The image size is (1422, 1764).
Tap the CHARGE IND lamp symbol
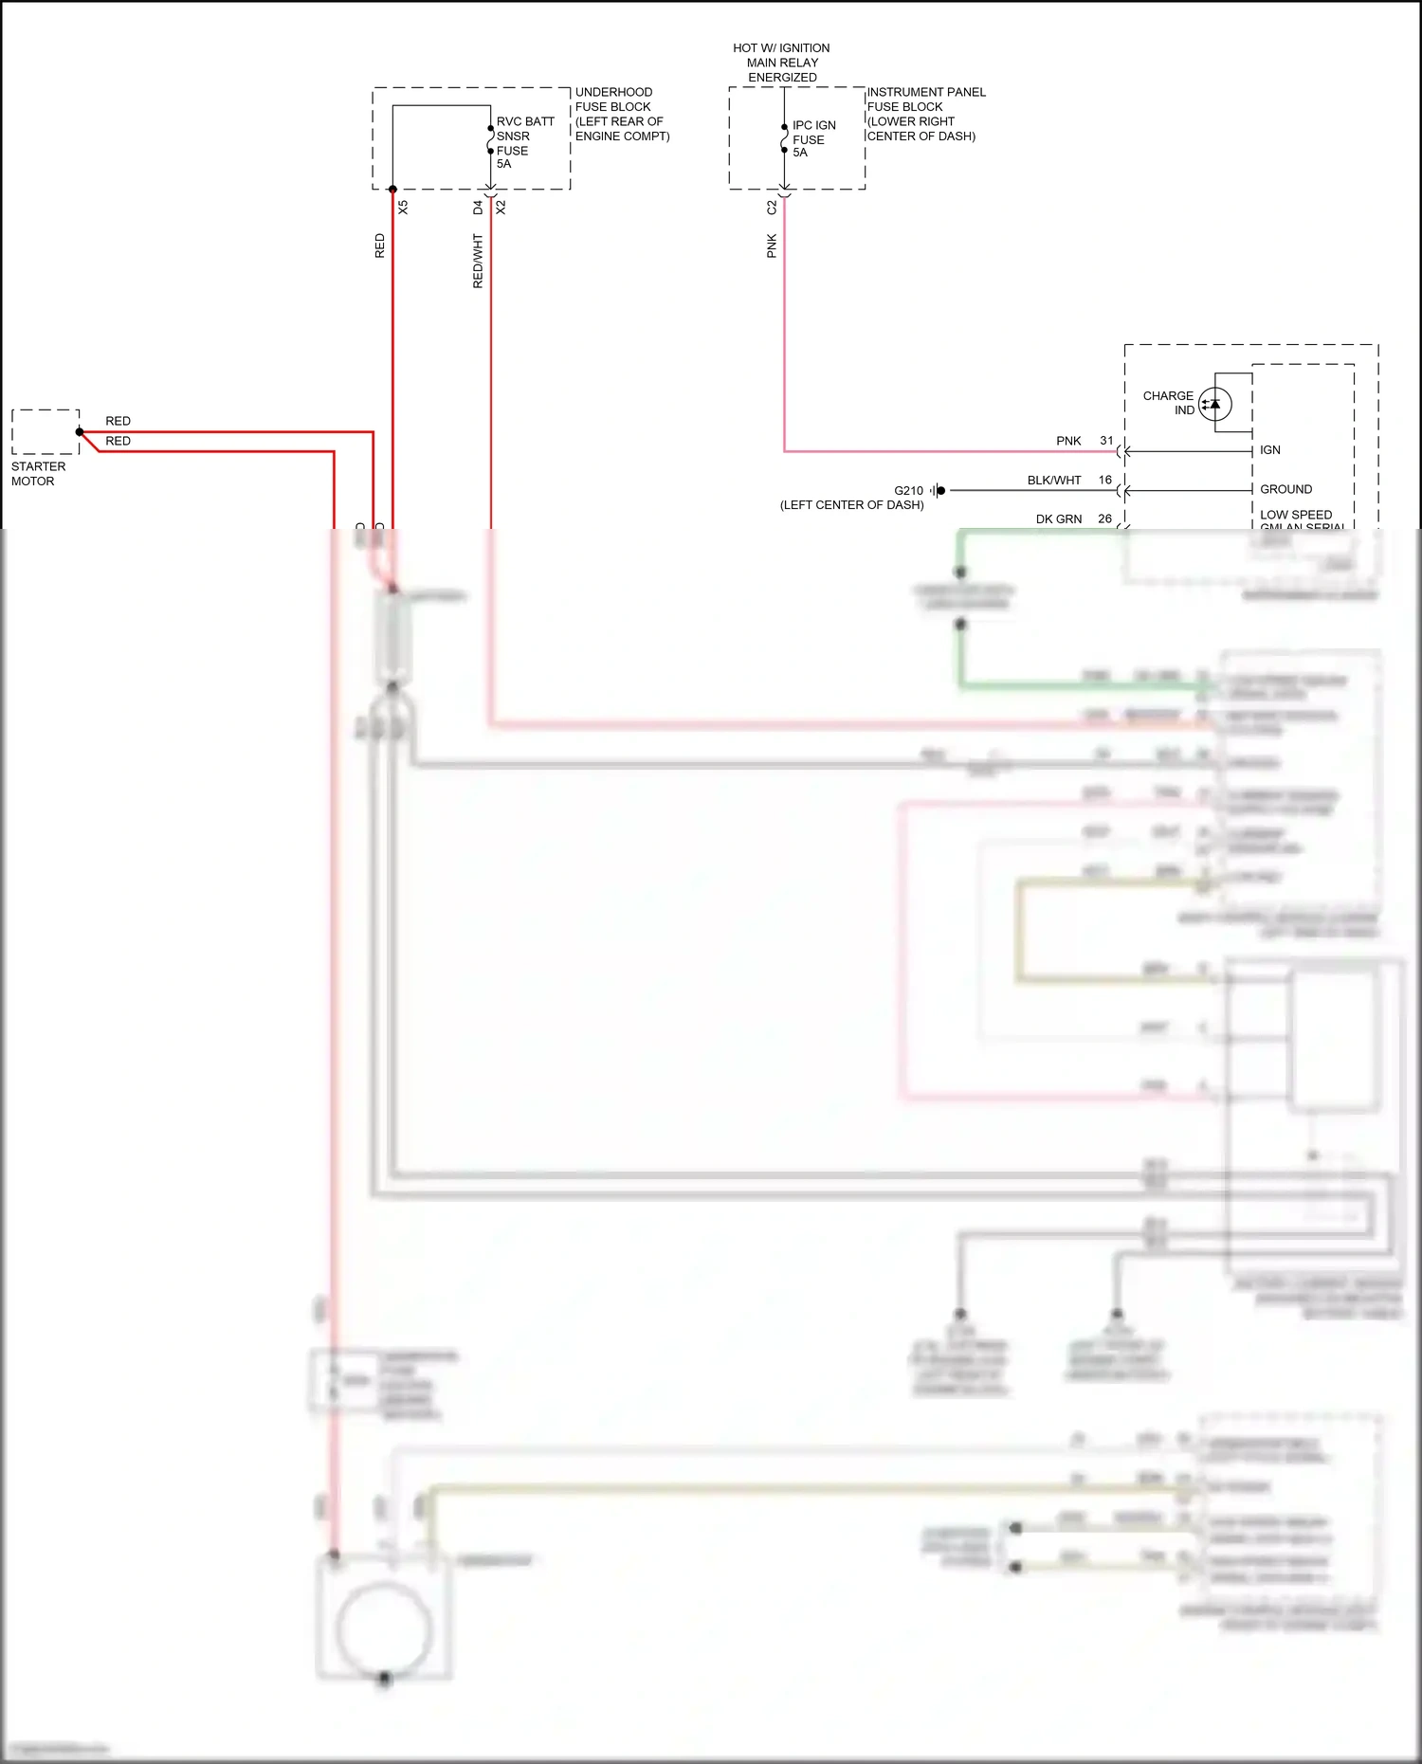coord(1214,404)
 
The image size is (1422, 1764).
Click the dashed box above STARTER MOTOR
coord(46,432)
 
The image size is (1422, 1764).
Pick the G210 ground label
coord(907,491)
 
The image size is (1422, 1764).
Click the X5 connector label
coord(403,207)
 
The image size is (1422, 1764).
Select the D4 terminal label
coord(478,207)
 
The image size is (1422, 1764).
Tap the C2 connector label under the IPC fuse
coord(772,207)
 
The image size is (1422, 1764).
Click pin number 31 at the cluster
coord(1106,441)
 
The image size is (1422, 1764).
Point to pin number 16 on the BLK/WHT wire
coord(1104,481)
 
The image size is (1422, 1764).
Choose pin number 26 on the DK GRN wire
coord(1104,519)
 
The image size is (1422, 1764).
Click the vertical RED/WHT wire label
coord(478,262)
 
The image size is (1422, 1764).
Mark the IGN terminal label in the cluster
coord(1269,450)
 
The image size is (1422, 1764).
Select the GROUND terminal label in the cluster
coord(1285,489)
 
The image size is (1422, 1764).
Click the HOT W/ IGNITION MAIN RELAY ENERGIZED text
coord(781,63)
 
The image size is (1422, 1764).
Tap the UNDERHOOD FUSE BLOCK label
coord(621,114)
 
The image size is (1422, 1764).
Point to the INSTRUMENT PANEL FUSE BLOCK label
coord(924,114)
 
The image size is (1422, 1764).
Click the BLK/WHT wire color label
coord(1053,481)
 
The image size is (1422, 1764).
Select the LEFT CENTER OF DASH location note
coord(851,505)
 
